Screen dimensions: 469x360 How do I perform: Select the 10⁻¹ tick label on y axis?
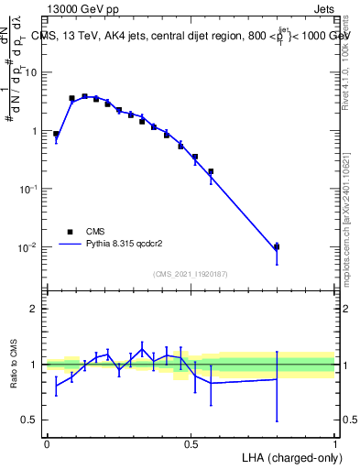tap(29, 189)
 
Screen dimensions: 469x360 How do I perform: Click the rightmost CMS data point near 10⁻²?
tap(277, 246)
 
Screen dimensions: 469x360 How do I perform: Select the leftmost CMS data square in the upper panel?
tap(56, 134)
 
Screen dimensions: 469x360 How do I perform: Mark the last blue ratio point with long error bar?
tap(277, 379)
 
